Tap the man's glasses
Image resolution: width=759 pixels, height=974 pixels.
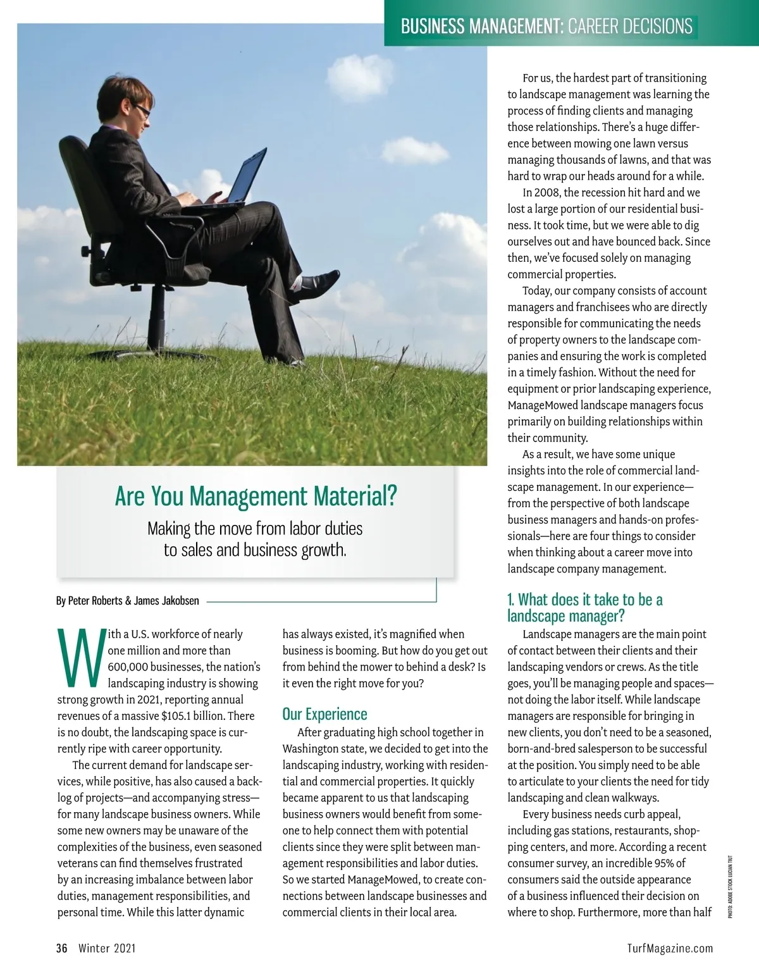coord(142,111)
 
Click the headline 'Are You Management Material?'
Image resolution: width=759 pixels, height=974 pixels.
coord(256,496)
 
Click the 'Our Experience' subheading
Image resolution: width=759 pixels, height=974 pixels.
coord(324,714)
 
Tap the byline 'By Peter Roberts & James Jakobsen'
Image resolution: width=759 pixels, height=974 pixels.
coord(128,601)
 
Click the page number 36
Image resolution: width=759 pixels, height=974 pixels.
coord(61,948)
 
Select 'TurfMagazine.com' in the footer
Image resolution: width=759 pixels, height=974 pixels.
coord(670,948)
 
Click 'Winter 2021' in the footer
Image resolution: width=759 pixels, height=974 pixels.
coord(107,948)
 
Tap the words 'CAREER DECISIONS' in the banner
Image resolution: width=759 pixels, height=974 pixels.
coord(630,27)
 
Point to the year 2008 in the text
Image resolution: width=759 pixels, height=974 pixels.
coord(546,193)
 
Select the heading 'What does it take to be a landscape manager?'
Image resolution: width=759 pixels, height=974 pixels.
coord(585,607)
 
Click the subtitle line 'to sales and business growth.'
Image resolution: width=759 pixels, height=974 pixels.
coord(255,550)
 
